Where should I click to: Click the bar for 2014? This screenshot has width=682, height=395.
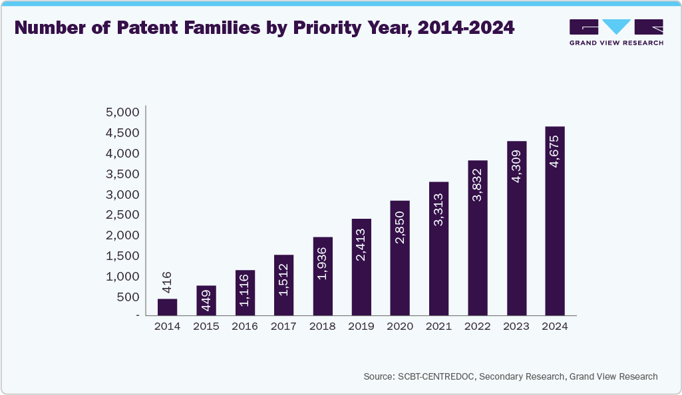click(x=167, y=307)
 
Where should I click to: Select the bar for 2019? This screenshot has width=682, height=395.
click(x=361, y=267)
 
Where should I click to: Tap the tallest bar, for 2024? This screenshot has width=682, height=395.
click(x=555, y=221)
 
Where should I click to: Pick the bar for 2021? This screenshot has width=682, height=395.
click(x=438, y=248)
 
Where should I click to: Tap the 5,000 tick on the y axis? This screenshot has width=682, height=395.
click(x=122, y=112)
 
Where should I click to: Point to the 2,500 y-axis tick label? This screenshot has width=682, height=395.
click(x=122, y=214)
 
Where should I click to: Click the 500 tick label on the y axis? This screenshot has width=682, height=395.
click(x=128, y=297)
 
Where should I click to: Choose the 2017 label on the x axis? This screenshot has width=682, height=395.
click(x=283, y=326)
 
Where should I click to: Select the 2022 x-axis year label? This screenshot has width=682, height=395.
click(x=477, y=326)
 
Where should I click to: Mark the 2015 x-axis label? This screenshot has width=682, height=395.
click(x=206, y=326)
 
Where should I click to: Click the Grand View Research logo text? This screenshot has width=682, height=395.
click(x=616, y=43)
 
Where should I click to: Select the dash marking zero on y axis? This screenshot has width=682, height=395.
click(x=137, y=316)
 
